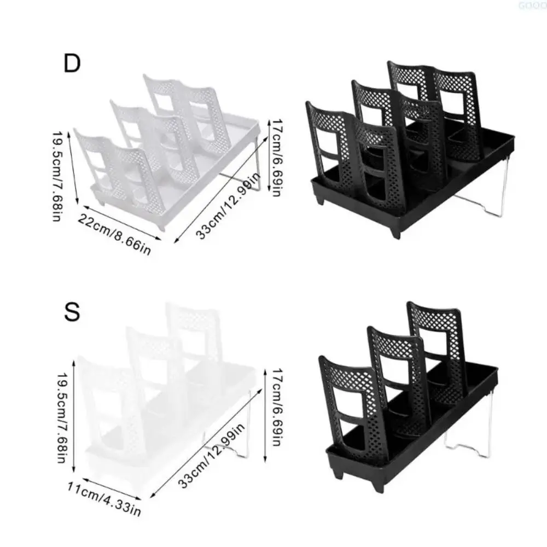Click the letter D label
coord(72,64)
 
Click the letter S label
coord(72,314)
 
